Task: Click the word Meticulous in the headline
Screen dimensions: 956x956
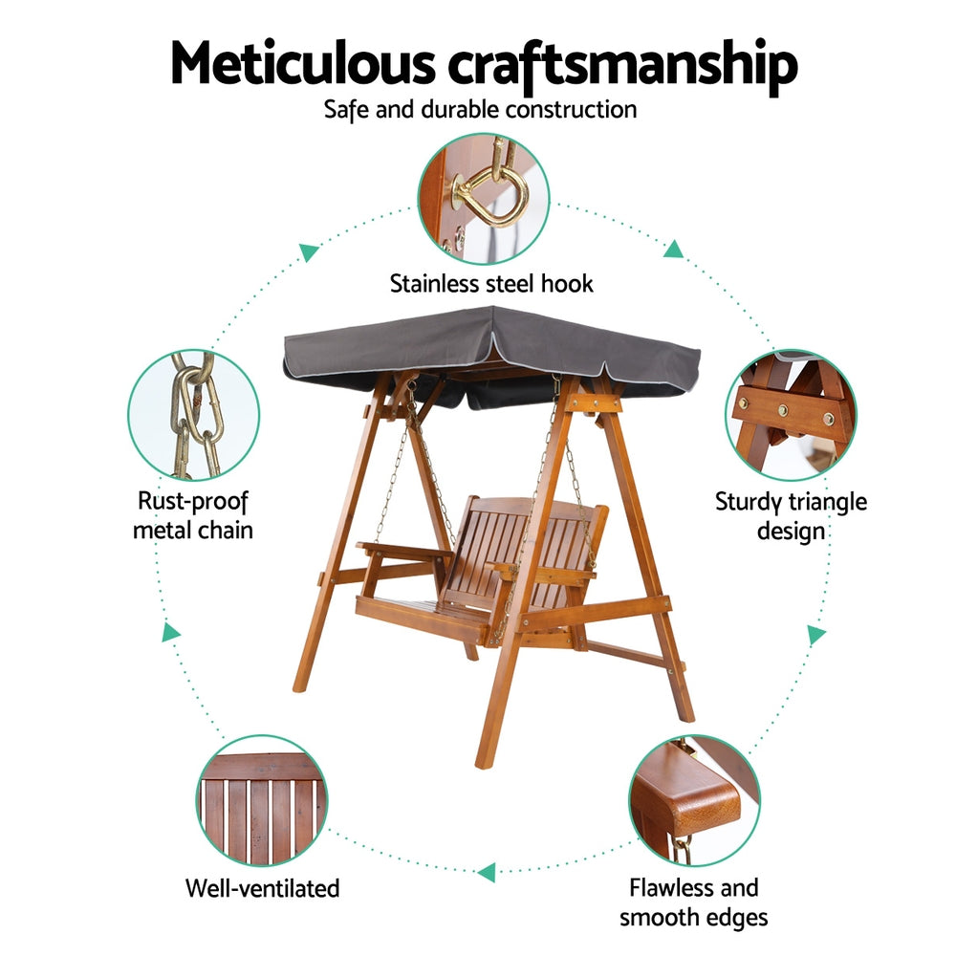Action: click(x=303, y=63)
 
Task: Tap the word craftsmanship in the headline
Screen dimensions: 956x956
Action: click(x=622, y=67)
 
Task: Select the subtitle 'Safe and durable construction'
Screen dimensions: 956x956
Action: click(x=481, y=110)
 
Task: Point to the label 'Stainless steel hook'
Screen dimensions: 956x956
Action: click(x=491, y=284)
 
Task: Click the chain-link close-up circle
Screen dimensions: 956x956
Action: click(x=194, y=415)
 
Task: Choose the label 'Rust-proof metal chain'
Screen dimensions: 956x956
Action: click(x=193, y=516)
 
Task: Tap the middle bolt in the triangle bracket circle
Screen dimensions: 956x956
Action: click(x=783, y=410)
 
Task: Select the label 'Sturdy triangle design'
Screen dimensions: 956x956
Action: click(x=791, y=516)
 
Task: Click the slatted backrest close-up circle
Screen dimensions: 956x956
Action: click(x=262, y=800)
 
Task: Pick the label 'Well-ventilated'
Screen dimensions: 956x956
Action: click(x=262, y=888)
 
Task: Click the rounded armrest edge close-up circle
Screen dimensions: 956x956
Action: click(x=694, y=800)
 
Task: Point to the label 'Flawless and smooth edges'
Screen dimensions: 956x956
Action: click(x=694, y=903)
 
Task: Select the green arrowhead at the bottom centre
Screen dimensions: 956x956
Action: click(x=487, y=873)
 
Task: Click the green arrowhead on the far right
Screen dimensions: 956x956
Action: click(x=816, y=635)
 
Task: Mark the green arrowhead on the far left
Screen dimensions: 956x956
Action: click(x=171, y=632)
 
